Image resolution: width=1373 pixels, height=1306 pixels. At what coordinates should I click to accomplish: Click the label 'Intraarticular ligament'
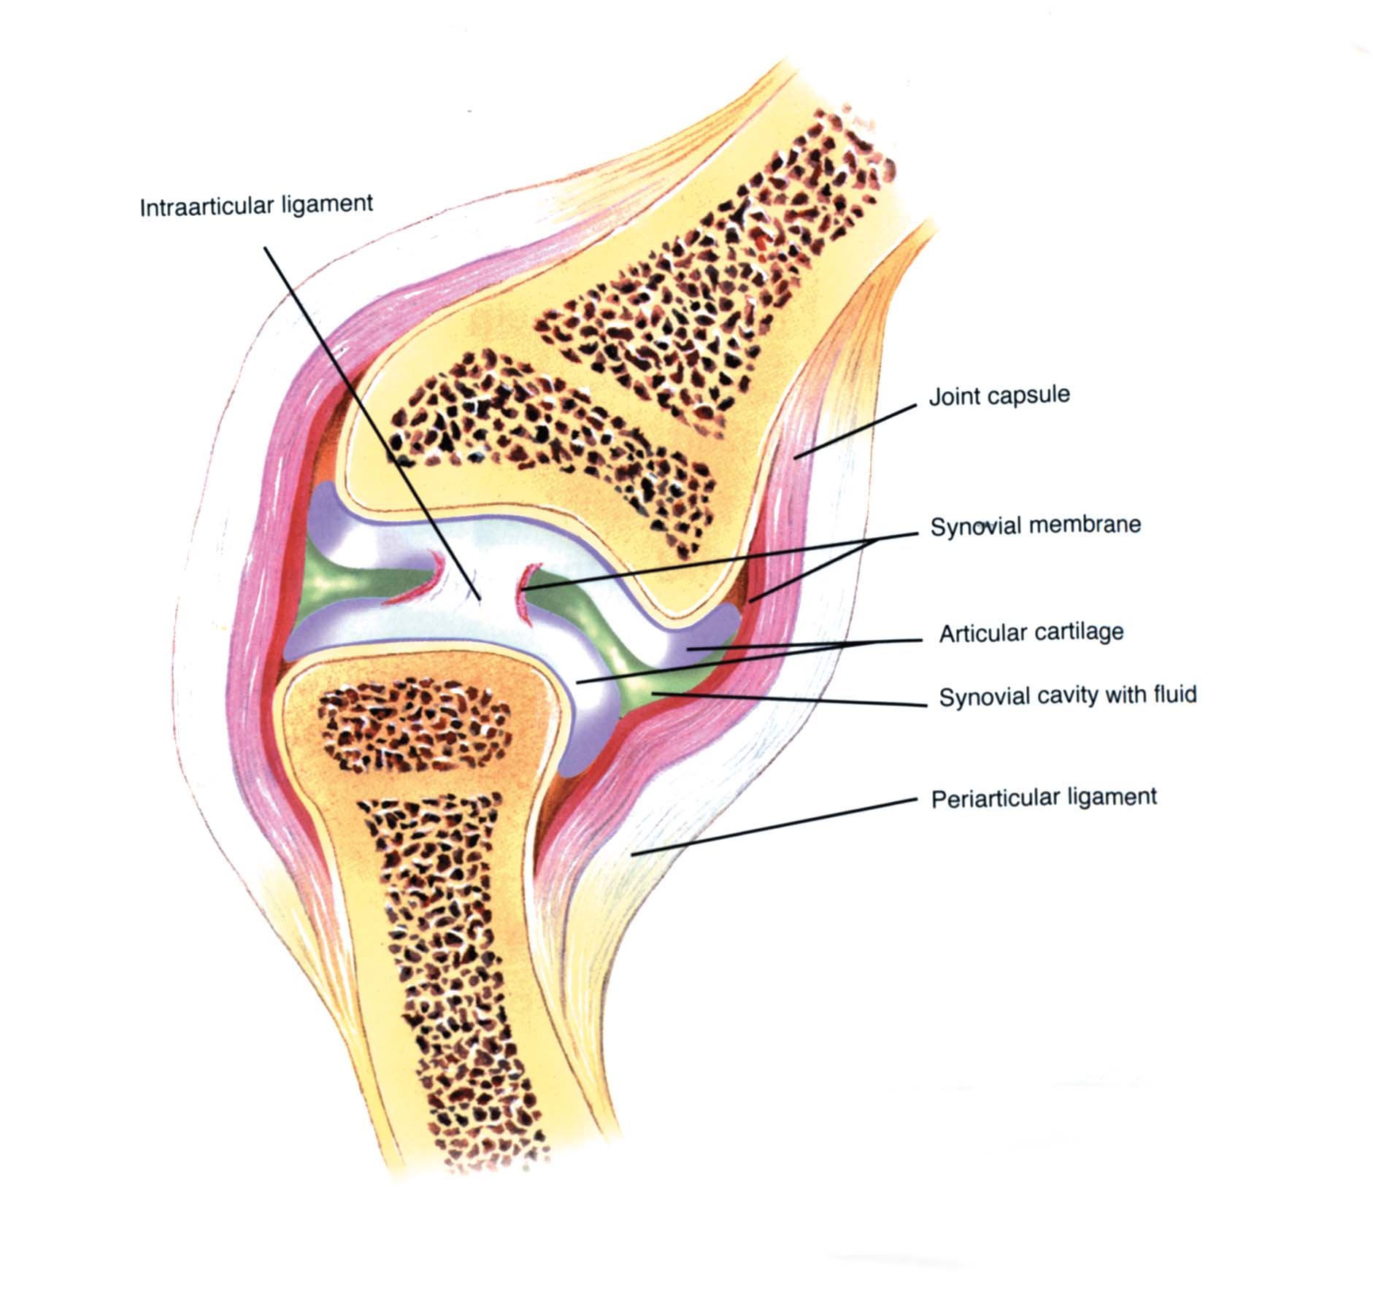[x=256, y=205]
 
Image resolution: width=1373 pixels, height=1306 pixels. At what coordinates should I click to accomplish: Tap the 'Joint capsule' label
[x=999, y=396]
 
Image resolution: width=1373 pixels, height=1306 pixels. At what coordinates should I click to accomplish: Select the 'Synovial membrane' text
[x=1035, y=525]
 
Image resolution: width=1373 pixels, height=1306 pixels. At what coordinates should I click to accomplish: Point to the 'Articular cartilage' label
[x=1031, y=633]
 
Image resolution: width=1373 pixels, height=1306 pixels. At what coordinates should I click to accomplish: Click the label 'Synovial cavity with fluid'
[x=1067, y=695]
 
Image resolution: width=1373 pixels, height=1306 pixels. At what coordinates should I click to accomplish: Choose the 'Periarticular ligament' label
[x=1044, y=797]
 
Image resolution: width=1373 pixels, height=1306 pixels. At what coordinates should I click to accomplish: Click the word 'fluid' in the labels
[x=1174, y=693]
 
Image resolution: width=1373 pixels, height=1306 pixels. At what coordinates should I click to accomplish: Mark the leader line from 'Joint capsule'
[x=854, y=431]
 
